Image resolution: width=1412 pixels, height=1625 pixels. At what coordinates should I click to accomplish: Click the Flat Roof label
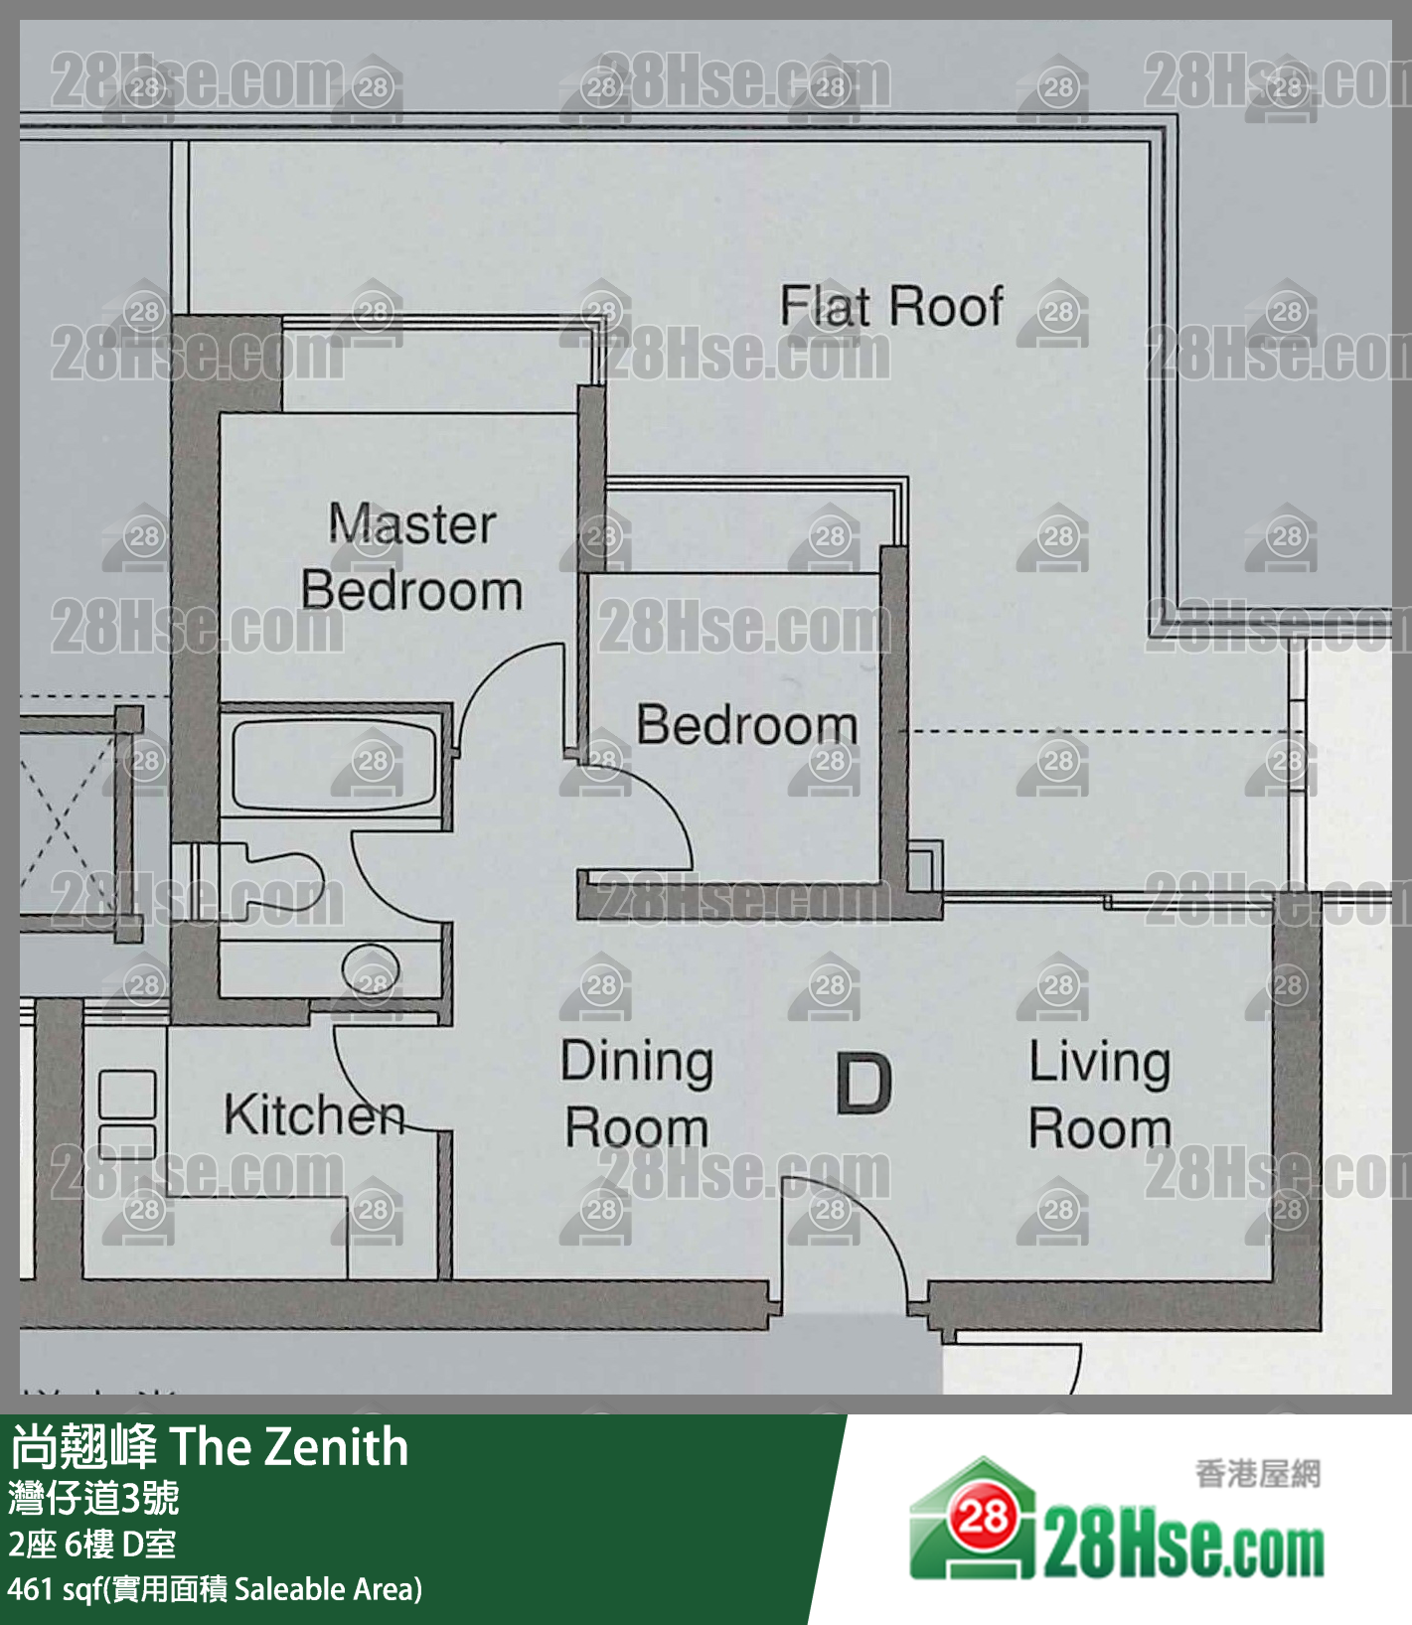[x=891, y=306]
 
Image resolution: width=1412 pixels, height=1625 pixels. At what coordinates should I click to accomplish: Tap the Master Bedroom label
[x=411, y=557]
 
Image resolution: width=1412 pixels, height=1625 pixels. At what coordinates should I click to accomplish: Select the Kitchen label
[x=314, y=1114]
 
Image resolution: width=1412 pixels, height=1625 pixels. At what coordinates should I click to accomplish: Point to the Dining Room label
[x=637, y=1095]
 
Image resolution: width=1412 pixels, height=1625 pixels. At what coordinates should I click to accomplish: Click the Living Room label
[x=1100, y=1095]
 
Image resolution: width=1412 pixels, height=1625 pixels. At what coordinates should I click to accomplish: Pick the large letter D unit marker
[x=863, y=1085]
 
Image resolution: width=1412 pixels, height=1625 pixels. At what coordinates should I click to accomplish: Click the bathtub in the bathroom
[x=334, y=763]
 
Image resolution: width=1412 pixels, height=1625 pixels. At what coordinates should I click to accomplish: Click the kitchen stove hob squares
[x=127, y=1112]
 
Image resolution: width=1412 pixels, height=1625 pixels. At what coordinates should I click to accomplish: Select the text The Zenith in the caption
[x=289, y=1447]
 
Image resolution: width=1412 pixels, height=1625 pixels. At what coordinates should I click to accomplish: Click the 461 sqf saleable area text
[x=215, y=1589]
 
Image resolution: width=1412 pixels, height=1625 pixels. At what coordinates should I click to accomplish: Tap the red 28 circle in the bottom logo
[x=983, y=1516]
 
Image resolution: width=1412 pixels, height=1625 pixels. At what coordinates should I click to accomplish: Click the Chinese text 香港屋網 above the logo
[x=1258, y=1474]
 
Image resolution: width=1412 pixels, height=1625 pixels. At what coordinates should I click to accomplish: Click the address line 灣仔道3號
[x=93, y=1498]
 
